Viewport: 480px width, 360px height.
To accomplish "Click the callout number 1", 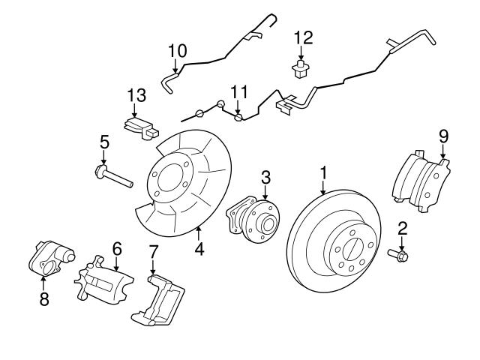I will point(323,173).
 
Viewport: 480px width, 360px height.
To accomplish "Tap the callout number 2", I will point(402,228).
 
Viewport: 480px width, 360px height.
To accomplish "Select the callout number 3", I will point(265,177).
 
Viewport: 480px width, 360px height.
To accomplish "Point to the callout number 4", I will point(199,248).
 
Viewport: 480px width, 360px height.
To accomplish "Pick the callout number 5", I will point(104,141).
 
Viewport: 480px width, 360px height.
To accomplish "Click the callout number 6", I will point(116,247).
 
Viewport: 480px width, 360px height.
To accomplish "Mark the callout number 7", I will point(153,250).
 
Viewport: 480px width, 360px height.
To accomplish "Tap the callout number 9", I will point(443,136).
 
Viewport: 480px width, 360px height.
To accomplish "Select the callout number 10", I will point(177,51).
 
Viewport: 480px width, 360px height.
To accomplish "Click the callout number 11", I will point(238,91).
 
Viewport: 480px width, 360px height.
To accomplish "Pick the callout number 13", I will point(136,94).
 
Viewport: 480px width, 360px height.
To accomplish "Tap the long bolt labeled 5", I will point(112,177).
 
